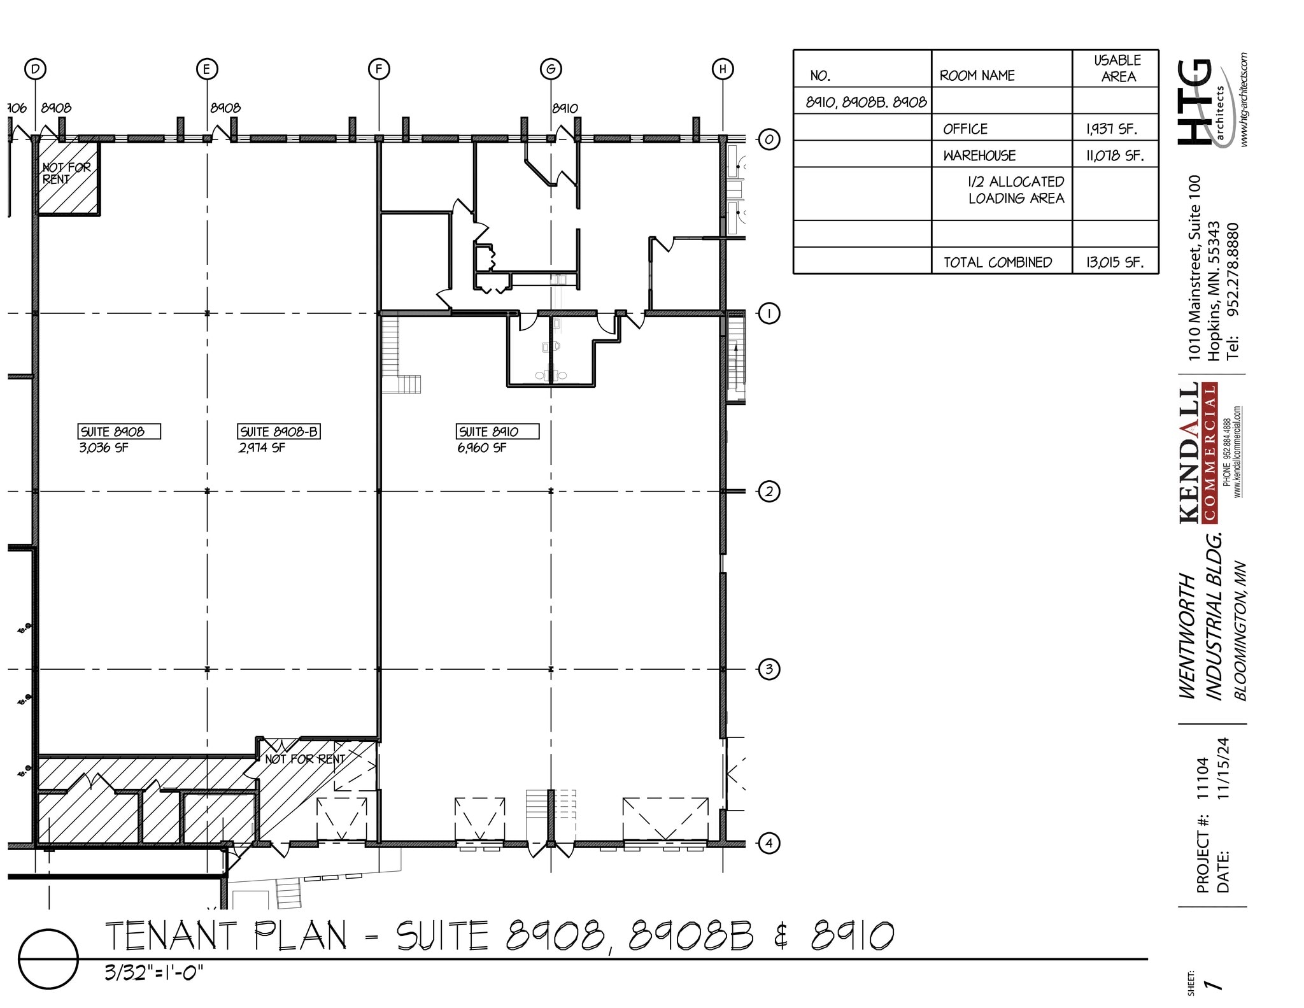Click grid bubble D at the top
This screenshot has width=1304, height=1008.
point(35,69)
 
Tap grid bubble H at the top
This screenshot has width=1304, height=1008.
point(722,69)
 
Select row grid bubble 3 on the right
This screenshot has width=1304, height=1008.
point(769,669)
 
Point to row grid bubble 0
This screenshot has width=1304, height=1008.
point(769,139)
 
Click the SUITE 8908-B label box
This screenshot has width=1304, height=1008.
point(278,432)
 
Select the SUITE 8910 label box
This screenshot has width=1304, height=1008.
point(497,432)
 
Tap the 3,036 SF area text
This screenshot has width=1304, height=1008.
point(103,448)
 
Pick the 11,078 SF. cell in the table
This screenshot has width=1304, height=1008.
point(1114,155)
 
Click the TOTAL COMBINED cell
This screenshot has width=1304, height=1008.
point(997,262)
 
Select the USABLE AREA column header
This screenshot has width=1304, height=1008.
point(1117,68)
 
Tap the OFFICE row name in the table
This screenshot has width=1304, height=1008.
point(965,129)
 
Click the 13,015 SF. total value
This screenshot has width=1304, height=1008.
point(1114,262)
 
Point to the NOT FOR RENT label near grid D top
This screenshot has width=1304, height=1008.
point(66,173)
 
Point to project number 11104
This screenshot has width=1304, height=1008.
point(1201,778)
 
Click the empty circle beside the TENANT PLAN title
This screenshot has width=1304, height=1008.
point(48,959)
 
